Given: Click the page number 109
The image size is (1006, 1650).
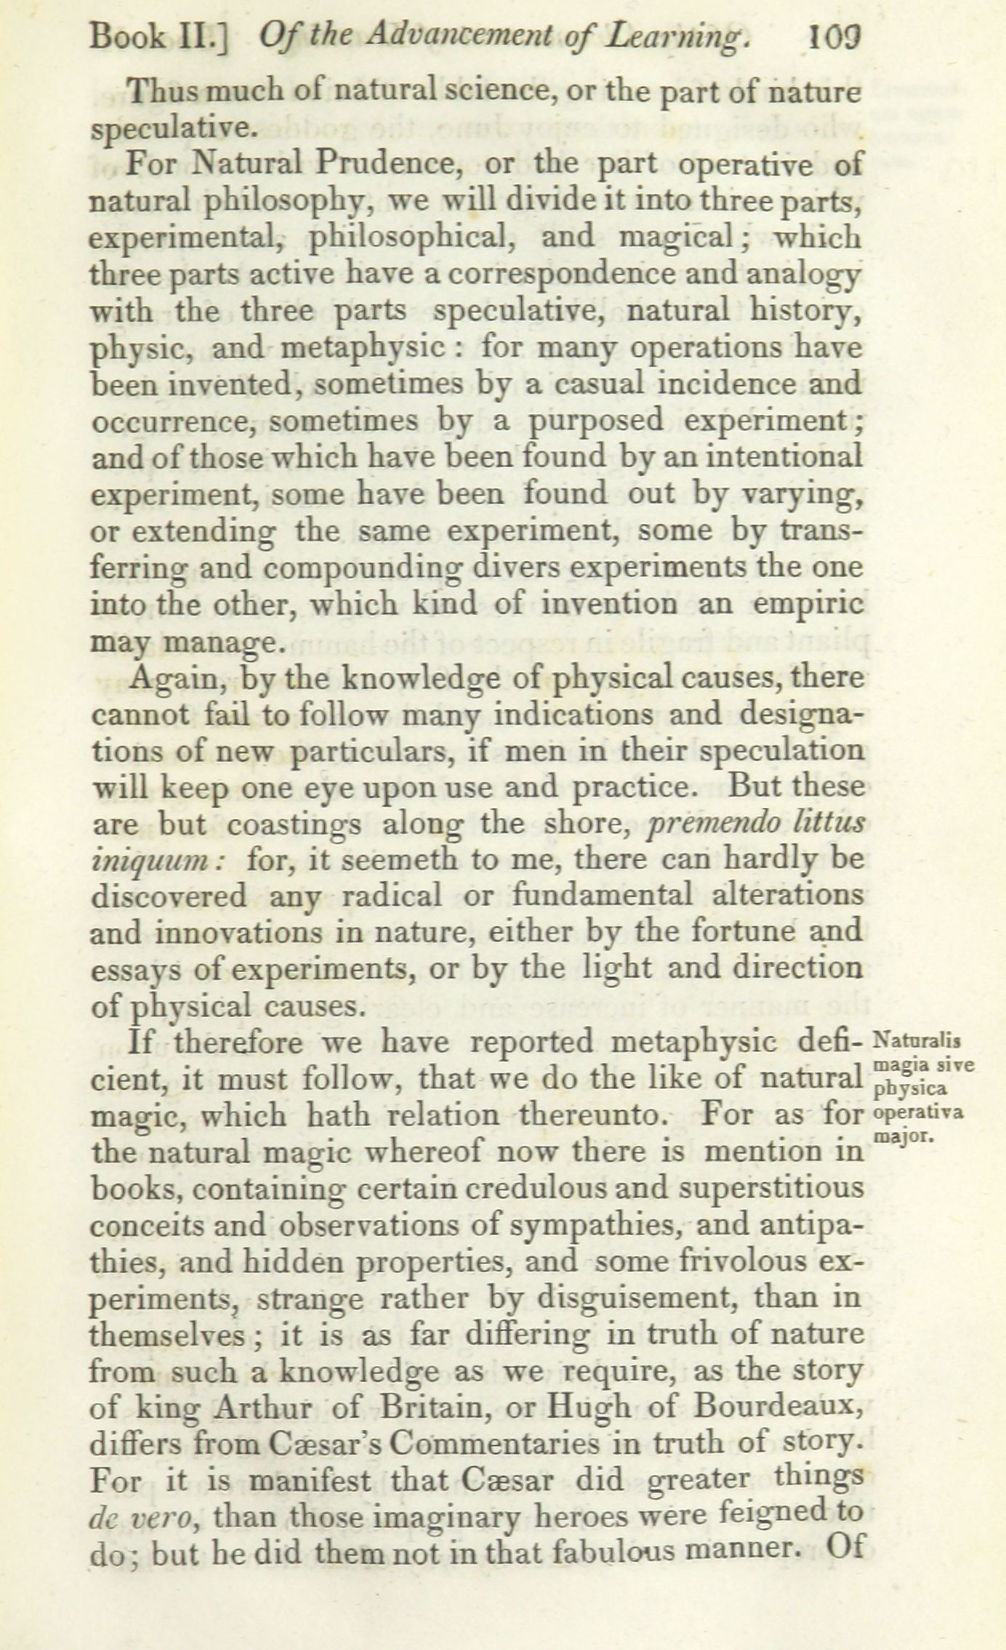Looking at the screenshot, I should click(834, 36).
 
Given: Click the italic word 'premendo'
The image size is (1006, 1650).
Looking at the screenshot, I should click(712, 824).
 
